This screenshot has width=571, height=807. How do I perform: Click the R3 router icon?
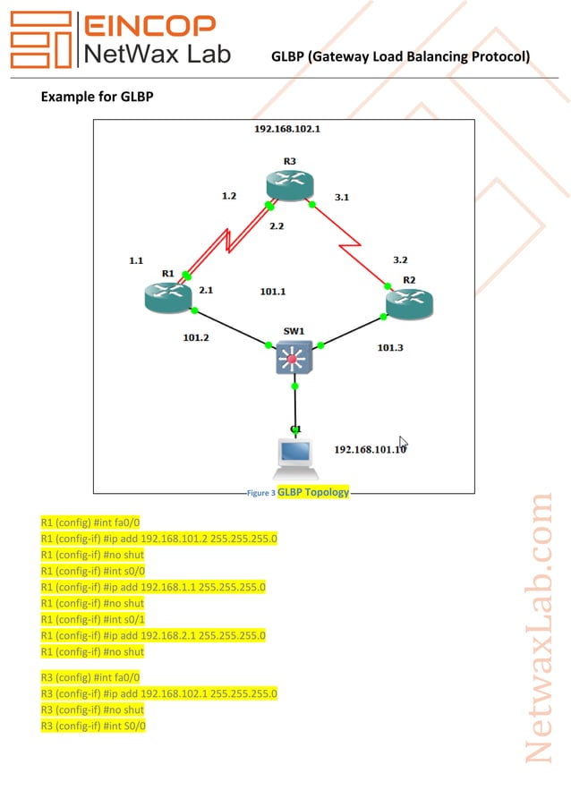coord(291,184)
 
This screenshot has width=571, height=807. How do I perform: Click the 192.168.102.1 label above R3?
coord(287,129)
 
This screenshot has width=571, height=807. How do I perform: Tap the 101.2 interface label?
coord(195,338)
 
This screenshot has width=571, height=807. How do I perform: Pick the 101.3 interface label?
coord(389,347)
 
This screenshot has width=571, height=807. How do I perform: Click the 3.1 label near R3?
coord(341,197)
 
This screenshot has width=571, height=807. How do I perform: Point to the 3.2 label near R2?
coord(400,259)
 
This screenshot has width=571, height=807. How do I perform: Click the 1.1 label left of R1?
coord(136,260)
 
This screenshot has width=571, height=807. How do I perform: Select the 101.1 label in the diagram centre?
coord(272,292)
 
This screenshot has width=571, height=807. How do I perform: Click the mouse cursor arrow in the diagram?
coord(404,442)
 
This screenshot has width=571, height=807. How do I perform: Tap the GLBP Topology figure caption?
coord(312,492)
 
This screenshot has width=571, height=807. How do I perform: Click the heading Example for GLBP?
coord(98,96)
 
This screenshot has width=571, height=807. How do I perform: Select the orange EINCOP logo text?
coord(149,26)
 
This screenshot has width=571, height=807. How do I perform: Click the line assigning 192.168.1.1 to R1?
coord(153,587)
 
